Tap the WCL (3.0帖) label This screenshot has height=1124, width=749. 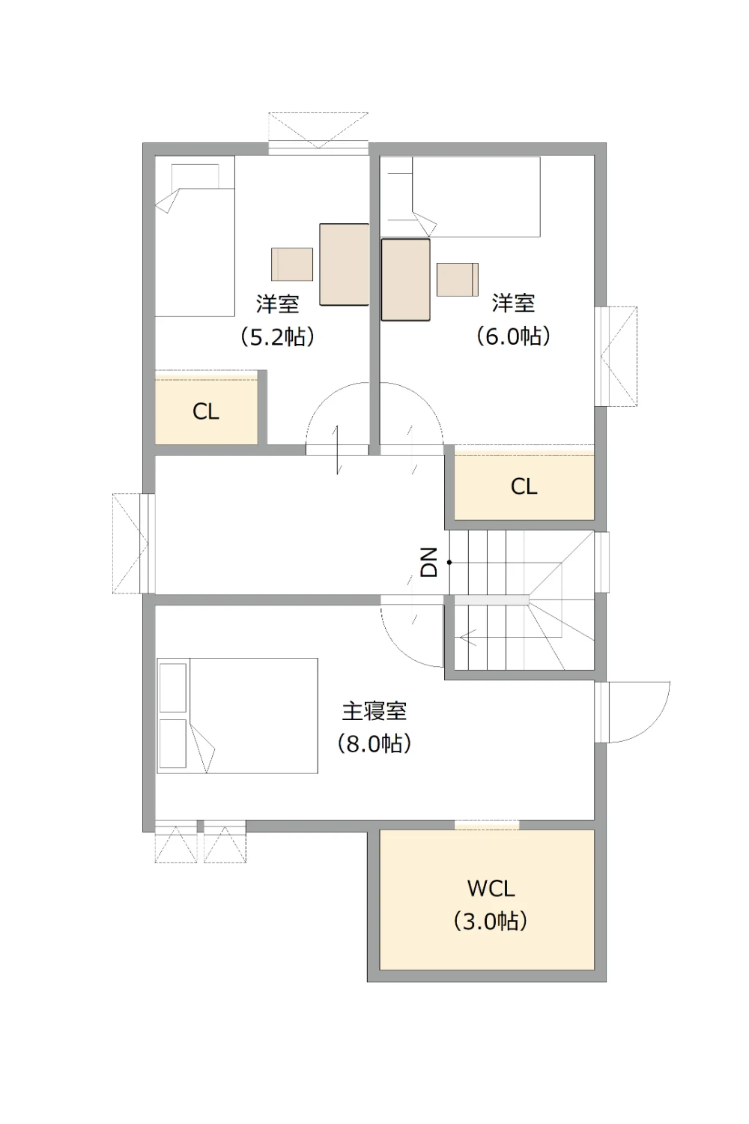(x=491, y=904)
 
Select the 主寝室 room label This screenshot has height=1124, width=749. (x=374, y=712)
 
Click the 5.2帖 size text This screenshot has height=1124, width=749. (x=277, y=336)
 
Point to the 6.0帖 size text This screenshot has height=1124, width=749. (x=513, y=336)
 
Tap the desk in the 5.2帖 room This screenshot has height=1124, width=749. (x=344, y=265)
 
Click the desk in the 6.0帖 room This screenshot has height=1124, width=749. (x=405, y=280)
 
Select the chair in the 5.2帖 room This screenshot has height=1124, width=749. (x=292, y=265)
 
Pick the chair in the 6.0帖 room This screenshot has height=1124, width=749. (x=458, y=280)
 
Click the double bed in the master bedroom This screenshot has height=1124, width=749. (x=237, y=716)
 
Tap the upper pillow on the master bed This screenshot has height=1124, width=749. (x=172, y=687)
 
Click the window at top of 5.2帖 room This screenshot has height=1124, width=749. (x=318, y=133)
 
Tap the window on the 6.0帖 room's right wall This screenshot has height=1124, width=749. (x=616, y=356)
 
